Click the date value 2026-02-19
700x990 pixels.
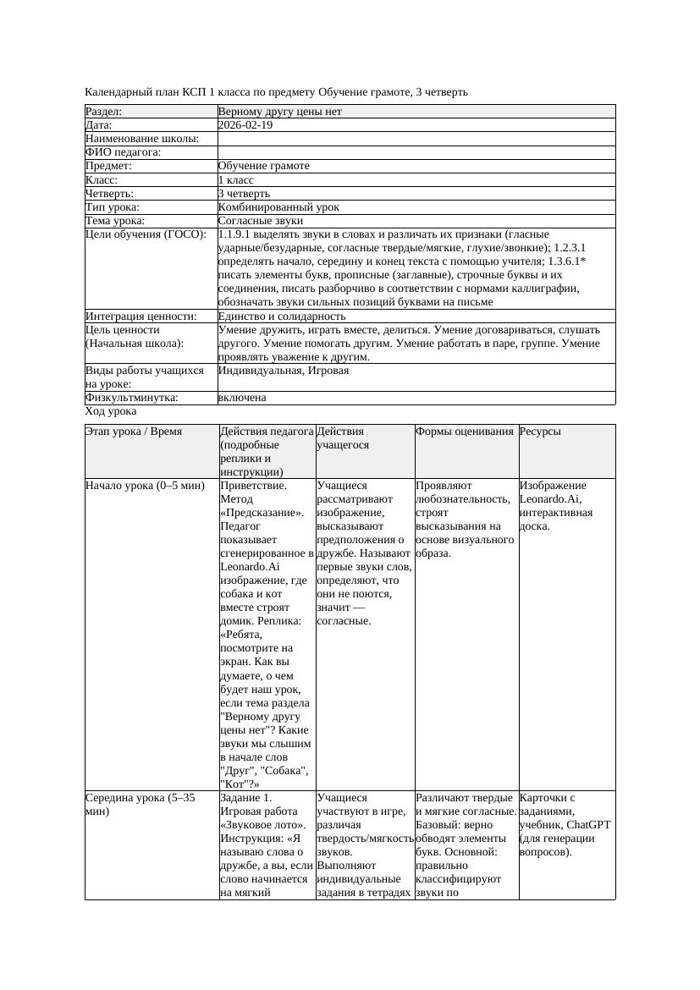245,125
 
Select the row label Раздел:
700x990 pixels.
104,112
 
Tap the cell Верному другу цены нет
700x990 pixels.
279,112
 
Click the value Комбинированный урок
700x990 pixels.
278,207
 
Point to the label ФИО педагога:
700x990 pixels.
124,152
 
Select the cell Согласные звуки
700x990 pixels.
260,221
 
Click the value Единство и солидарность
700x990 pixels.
281,316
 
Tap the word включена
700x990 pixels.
242,398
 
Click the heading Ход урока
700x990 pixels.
111,411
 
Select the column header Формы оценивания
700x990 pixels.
465,432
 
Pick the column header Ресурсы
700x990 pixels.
540,432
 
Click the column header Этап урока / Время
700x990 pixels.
127,432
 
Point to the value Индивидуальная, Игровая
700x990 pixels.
284,371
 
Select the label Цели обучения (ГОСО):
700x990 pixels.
146,234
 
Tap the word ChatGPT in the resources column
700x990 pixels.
590,825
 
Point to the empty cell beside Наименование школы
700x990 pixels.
415,139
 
